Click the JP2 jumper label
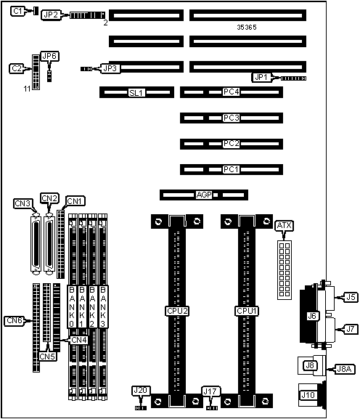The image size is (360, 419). (51, 15)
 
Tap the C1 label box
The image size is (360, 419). (17, 11)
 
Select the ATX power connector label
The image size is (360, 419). (285, 226)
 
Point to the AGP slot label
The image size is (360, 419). (204, 195)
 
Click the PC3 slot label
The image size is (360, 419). (232, 118)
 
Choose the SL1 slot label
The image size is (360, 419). (136, 93)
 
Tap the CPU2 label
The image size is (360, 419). (177, 311)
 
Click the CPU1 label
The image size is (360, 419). (247, 311)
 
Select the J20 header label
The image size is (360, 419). (141, 391)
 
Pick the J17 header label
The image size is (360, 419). (210, 391)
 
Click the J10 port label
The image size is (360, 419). (308, 395)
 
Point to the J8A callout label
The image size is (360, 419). (344, 369)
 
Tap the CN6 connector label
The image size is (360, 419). (15, 321)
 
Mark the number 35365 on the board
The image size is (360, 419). (247, 28)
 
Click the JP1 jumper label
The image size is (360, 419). (261, 78)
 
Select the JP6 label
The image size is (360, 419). (49, 57)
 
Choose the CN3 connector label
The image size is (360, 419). (23, 203)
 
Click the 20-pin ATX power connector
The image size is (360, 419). (285, 270)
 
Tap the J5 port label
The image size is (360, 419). (351, 297)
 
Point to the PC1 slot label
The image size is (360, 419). (232, 169)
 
